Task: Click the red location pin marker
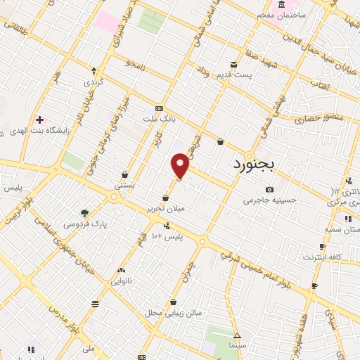pyautogui.click(x=181, y=167)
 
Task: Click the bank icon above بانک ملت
pyautogui.click(x=160, y=108)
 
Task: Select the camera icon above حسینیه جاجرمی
pyautogui.click(x=269, y=189)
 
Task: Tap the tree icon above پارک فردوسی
pyautogui.click(x=85, y=213)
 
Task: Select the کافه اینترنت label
pyautogui.click(x=322, y=257)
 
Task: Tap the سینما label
pyautogui.click(x=237, y=347)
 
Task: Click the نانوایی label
pyautogui.click(x=121, y=281)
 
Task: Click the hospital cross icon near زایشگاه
pyautogui.click(x=39, y=119)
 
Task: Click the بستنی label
pyautogui.click(x=124, y=186)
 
